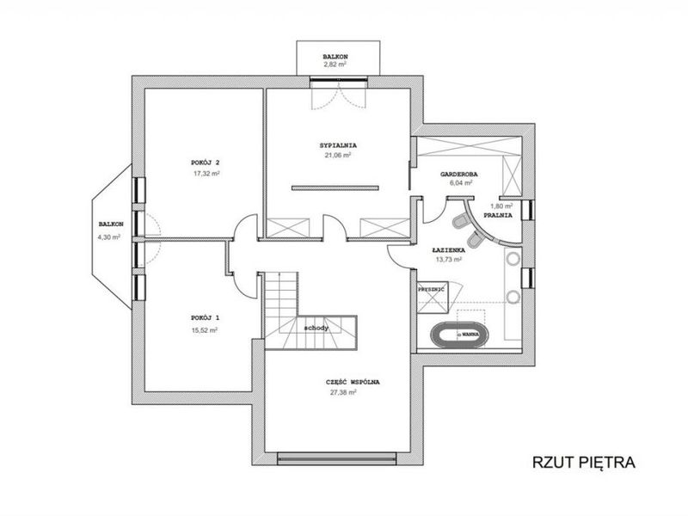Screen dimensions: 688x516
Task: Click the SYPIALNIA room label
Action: [x=338, y=145]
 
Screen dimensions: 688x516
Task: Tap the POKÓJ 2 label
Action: [x=206, y=163]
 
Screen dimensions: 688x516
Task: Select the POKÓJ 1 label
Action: [x=205, y=317]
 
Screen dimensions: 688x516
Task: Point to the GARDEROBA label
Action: [x=459, y=175]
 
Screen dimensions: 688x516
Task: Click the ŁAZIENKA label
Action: [x=448, y=250]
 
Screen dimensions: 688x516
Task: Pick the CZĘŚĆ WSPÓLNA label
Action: [x=353, y=382]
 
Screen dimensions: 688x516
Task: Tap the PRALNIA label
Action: [x=498, y=216]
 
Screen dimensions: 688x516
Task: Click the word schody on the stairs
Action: [x=316, y=328]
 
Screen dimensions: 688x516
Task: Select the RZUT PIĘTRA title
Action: [x=584, y=462]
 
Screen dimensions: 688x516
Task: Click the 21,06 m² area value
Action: [x=338, y=155]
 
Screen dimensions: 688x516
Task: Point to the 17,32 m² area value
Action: [x=206, y=174]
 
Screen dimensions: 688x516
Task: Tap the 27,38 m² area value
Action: [x=343, y=393]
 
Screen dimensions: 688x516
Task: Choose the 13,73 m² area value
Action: [x=448, y=260]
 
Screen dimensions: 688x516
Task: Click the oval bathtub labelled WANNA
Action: [x=459, y=335]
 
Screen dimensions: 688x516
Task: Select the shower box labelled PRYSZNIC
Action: [x=433, y=297]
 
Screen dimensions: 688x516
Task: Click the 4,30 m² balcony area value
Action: [x=109, y=237]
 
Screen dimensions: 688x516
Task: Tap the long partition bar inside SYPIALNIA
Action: [x=335, y=188]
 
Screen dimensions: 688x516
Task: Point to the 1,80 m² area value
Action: [x=501, y=206]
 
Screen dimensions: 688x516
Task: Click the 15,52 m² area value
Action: [x=205, y=330]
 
